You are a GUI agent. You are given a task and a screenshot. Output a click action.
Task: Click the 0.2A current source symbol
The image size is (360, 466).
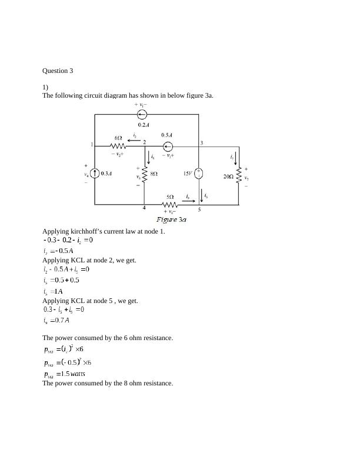(142, 115)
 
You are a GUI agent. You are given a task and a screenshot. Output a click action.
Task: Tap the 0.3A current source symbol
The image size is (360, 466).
(95, 174)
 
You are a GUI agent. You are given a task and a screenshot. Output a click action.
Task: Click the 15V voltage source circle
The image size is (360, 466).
(199, 174)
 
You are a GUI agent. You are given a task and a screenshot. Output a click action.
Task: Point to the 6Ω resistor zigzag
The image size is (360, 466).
(118, 145)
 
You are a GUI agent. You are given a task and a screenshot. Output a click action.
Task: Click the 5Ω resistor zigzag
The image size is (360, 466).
(169, 205)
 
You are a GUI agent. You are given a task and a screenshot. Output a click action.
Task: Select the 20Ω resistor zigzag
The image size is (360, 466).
(239, 175)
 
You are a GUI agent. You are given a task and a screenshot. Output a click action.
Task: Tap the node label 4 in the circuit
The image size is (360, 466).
(144, 208)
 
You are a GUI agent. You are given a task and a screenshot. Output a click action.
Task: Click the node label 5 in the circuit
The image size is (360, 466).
(199, 209)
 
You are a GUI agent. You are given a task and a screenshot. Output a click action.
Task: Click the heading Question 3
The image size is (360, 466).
(58, 71)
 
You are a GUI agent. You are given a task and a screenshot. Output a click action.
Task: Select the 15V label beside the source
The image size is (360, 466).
(188, 174)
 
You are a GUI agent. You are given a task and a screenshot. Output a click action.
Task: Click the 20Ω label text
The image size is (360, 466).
(228, 176)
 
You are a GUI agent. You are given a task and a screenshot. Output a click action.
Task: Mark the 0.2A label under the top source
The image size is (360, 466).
(143, 125)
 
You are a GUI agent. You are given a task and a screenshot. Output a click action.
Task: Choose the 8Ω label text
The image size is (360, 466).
(154, 174)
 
